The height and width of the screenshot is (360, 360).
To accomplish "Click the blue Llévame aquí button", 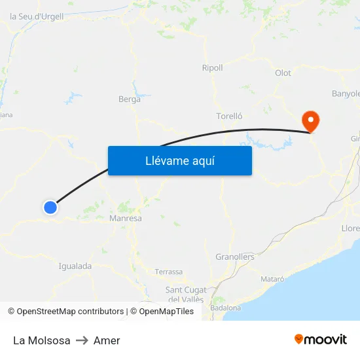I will pyautogui.click(x=179, y=160).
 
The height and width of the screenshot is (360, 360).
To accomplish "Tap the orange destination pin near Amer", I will pyautogui.click(x=309, y=120).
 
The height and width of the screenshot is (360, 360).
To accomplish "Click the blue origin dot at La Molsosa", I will pyautogui.click(x=50, y=207).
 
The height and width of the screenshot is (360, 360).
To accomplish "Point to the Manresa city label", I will pyautogui.click(x=126, y=218).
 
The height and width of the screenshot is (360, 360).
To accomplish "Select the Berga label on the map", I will pyautogui.click(x=129, y=99).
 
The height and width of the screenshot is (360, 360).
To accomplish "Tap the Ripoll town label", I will pyautogui.click(x=212, y=68).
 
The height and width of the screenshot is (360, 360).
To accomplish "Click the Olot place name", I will pyautogui.click(x=283, y=73).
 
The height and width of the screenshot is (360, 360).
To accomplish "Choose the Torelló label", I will pyautogui.click(x=229, y=116).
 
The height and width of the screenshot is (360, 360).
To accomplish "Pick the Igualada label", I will pyautogui.click(x=75, y=266).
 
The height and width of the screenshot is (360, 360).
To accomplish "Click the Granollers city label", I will pyautogui.click(x=235, y=257).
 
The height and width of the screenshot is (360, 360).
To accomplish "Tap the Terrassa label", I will pyautogui.click(x=169, y=272).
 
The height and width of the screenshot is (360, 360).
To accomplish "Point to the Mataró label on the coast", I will pyautogui.click(x=272, y=279).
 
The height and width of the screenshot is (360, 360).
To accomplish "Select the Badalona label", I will pyautogui.click(x=226, y=308).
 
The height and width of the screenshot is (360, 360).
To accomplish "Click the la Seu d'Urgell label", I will pyautogui.click(x=37, y=16).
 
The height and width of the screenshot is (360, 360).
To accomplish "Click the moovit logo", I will pyautogui.click(x=321, y=340).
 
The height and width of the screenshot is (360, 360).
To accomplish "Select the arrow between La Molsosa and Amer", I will pyautogui.click(x=82, y=340).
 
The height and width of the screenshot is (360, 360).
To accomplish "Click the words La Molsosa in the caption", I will pyautogui.click(x=41, y=340).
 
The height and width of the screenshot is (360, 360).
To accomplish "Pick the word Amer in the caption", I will pyautogui.click(x=107, y=340).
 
